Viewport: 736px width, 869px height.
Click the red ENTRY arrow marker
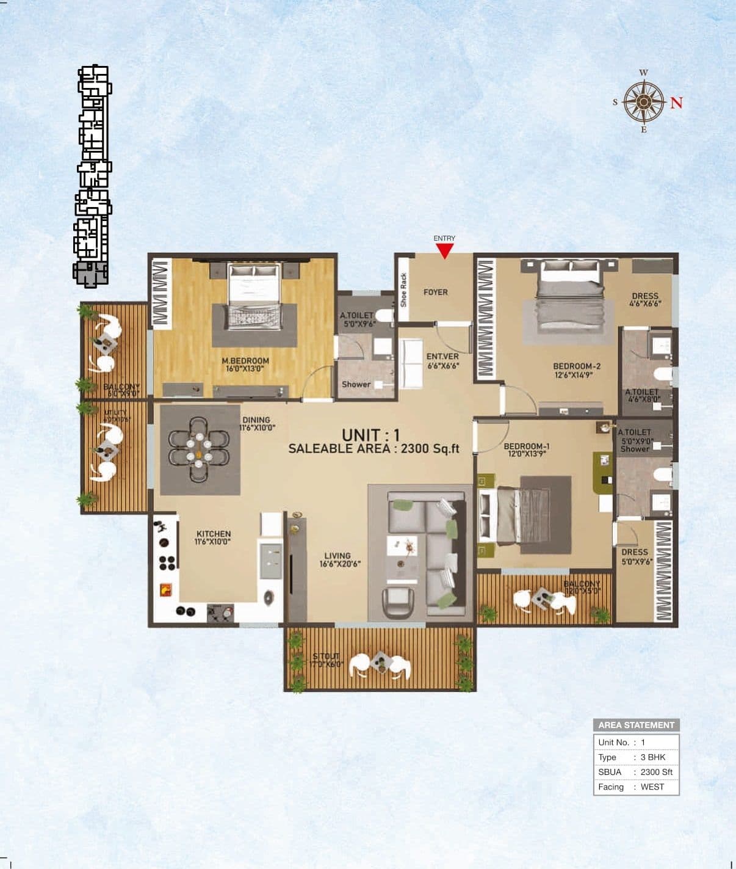click(445, 250)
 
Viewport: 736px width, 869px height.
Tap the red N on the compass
click(676, 103)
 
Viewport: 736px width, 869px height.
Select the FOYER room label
click(436, 293)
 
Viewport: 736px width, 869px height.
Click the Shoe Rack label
click(403, 290)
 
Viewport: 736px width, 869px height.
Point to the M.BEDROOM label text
click(245, 361)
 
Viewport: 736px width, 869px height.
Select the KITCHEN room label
click(213, 534)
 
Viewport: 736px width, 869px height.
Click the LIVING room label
click(337, 556)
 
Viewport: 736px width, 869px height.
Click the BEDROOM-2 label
click(577, 366)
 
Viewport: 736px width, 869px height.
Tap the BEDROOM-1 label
click(527, 446)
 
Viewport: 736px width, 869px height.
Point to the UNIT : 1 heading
click(371, 435)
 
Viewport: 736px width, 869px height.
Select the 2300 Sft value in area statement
click(656, 772)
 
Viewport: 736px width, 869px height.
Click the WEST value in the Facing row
click(652, 787)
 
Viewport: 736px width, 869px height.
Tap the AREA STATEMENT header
click(636, 725)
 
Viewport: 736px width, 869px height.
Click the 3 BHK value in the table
click(653, 757)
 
